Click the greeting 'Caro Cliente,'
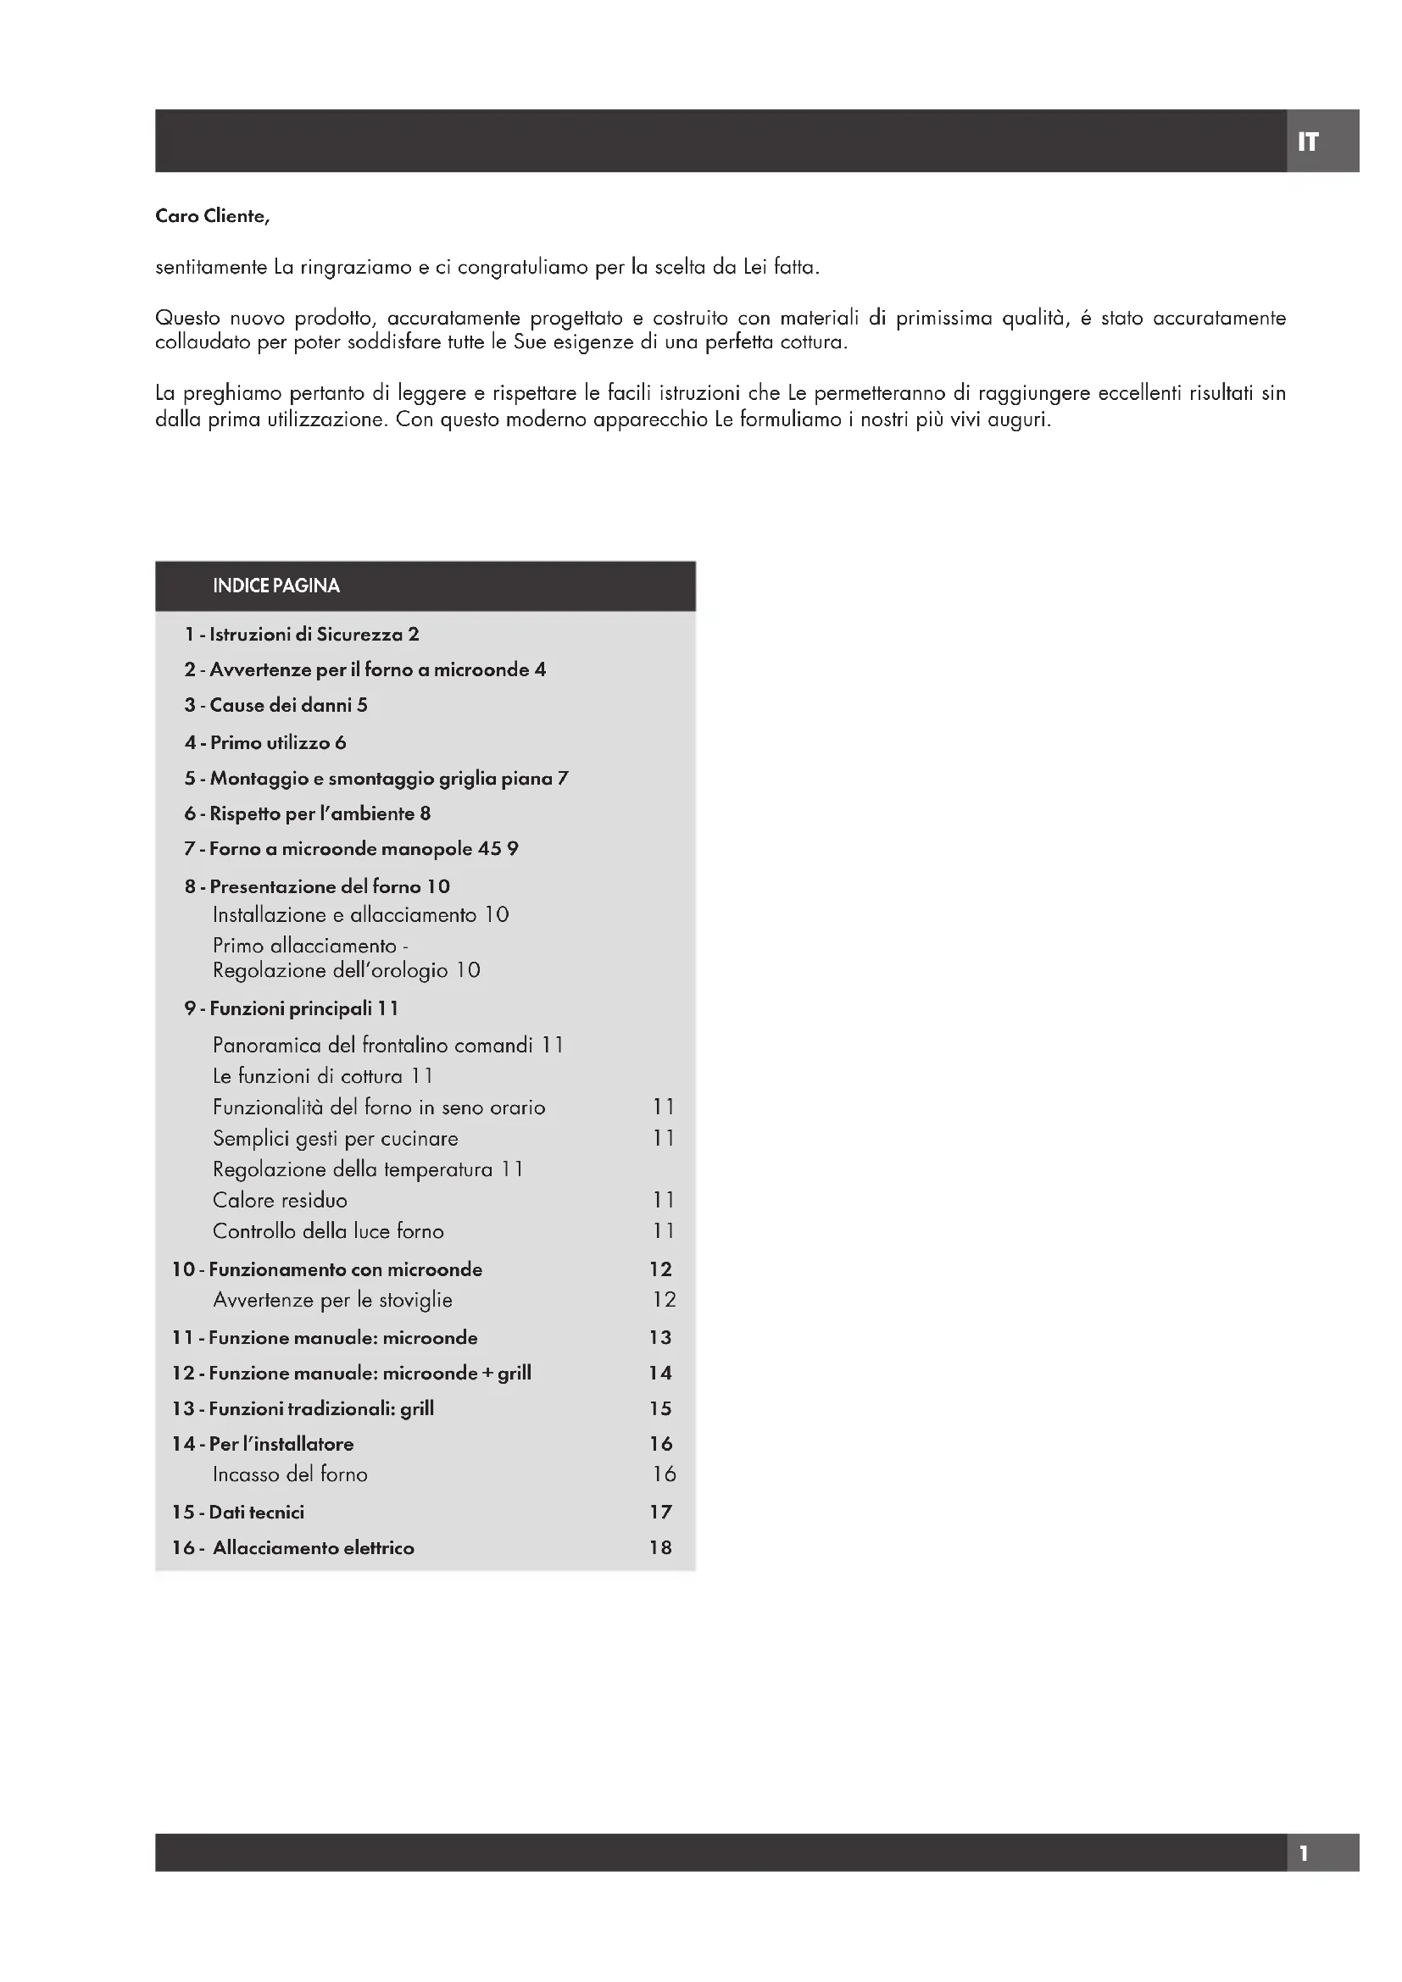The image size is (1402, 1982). tap(213, 216)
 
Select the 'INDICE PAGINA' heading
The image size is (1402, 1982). tap(276, 586)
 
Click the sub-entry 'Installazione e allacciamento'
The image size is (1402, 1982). tap(344, 915)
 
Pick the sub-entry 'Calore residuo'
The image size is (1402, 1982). tap(280, 1200)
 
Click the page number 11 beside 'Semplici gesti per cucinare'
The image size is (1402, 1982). tap(663, 1138)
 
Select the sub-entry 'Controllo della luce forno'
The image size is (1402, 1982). tap(328, 1231)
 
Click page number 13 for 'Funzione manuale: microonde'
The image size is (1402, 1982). tap(660, 1337)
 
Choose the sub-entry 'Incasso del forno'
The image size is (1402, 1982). tap(290, 1474)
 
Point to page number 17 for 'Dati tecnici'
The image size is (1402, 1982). tap(660, 1512)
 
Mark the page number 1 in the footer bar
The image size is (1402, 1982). tap(1304, 1852)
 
